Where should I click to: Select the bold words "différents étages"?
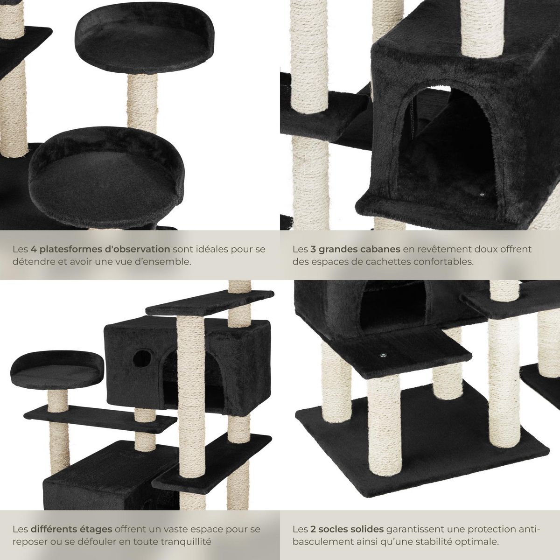click(71, 530)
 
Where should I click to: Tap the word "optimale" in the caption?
click(479, 542)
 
